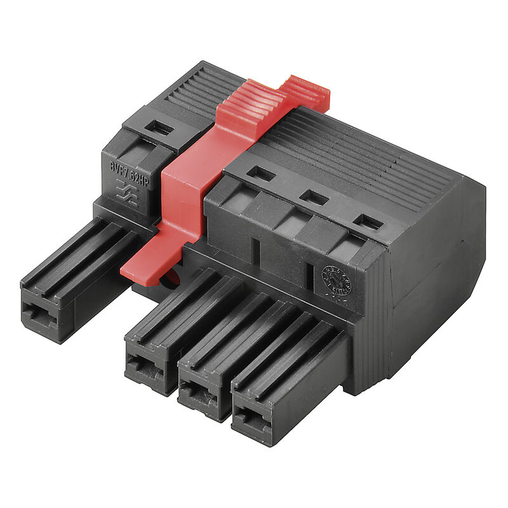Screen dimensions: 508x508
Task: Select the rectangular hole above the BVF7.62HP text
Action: tap(159, 128)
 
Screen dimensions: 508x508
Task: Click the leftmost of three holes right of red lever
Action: tap(261, 173)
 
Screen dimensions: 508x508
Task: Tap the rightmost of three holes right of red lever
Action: tap(369, 222)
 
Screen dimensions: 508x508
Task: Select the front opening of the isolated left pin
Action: tap(39, 312)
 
